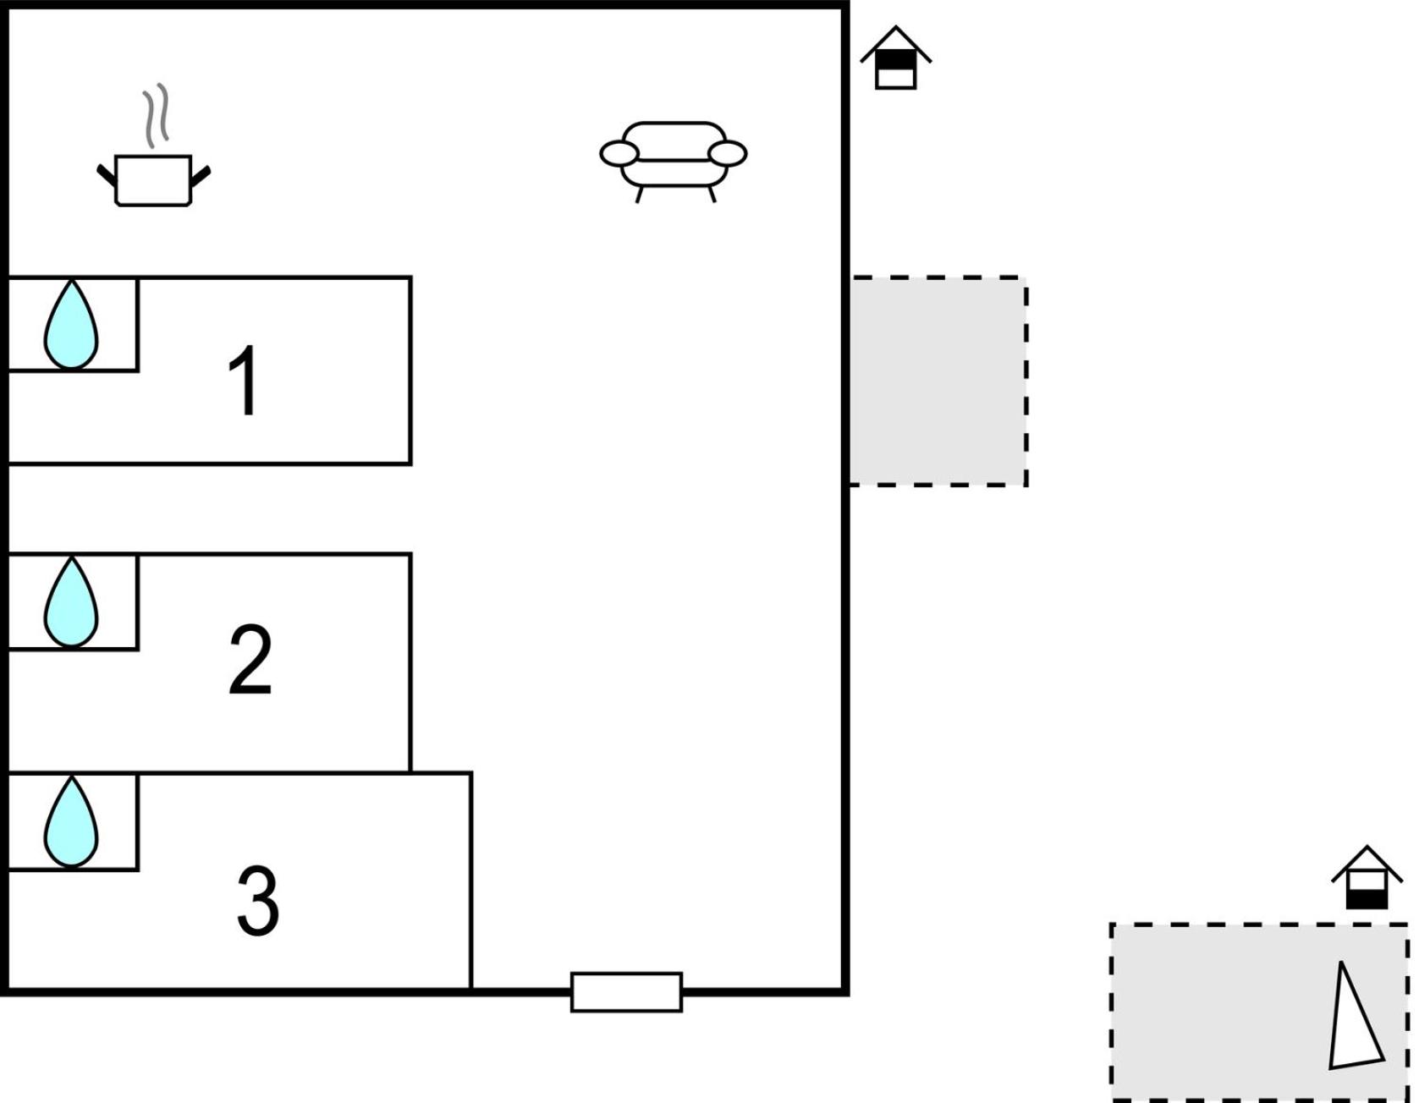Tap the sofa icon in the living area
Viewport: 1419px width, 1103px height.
tap(674, 162)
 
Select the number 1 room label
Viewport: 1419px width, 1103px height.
tap(244, 381)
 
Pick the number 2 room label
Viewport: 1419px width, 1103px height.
tap(250, 660)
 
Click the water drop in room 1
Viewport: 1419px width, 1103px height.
tap(71, 326)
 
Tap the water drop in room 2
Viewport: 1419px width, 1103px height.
tap(71, 602)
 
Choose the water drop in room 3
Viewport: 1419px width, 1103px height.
tap(71, 822)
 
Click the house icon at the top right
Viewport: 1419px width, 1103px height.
tap(895, 58)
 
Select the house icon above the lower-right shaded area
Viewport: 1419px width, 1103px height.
tap(1367, 877)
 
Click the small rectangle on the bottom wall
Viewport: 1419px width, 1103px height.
tap(626, 992)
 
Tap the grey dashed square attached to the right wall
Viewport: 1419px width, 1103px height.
tap(939, 381)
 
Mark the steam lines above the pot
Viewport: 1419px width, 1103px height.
tap(155, 116)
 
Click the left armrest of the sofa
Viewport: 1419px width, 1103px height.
tap(619, 154)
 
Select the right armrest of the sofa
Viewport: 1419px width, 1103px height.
tap(728, 154)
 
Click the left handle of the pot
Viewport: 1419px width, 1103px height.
tap(107, 176)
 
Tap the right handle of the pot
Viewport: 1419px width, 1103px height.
tap(201, 176)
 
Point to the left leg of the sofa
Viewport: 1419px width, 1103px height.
tap(640, 195)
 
